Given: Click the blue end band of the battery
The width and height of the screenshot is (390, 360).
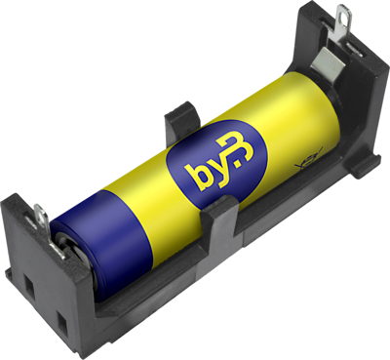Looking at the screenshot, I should pos(107,244).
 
